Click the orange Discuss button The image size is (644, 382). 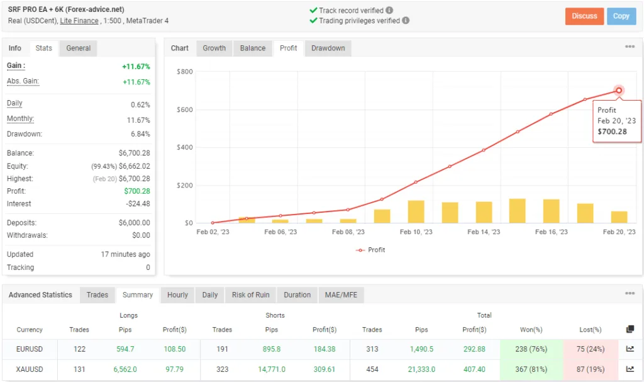point(584,16)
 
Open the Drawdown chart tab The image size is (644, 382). point(328,48)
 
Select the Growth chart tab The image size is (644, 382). point(214,48)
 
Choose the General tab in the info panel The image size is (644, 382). point(79,48)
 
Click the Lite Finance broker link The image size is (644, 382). point(79,21)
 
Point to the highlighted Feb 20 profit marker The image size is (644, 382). point(619,91)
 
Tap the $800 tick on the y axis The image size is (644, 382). point(184,72)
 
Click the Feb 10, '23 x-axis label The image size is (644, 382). point(416,232)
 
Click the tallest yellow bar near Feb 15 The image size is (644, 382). point(518,211)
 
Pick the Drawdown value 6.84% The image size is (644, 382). point(139,134)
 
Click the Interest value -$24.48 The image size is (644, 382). point(136,204)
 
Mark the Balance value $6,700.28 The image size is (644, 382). point(134,154)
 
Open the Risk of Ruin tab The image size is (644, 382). point(250,295)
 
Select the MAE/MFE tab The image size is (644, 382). point(340,295)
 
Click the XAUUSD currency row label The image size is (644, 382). point(30,370)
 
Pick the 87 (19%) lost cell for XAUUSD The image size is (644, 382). point(590,370)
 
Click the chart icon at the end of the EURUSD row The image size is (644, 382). point(630,350)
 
